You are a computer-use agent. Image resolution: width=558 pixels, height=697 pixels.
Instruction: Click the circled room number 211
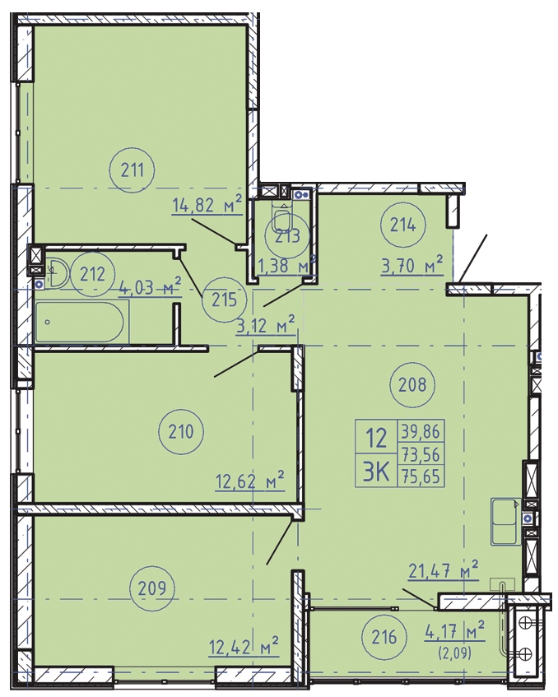tap(132, 170)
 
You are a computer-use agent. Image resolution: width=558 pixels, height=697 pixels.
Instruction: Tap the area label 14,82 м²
tap(207, 205)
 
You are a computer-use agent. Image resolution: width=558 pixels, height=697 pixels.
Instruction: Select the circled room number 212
tap(93, 274)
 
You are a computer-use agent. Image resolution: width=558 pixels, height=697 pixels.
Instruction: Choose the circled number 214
tap(402, 225)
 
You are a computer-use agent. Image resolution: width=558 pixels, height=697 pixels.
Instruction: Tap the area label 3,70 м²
tap(412, 265)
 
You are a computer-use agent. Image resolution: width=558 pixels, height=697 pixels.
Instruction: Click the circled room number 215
tap(224, 300)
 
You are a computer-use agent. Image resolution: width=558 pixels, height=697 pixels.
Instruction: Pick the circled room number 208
tap(412, 384)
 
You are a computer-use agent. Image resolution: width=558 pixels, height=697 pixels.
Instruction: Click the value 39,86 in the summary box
tap(421, 430)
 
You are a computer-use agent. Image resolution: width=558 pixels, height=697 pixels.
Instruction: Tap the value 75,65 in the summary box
tap(421, 476)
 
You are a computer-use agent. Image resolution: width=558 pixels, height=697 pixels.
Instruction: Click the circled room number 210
tap(181, 431)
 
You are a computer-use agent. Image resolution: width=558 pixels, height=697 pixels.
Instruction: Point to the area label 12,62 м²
tap(250, 481)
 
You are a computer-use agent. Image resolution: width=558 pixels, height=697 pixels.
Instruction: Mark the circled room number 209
tap(152, 588)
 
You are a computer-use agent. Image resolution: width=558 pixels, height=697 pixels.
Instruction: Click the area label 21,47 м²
tap(444, 570)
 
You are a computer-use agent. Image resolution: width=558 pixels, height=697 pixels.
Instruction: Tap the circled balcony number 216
tap(384, 638)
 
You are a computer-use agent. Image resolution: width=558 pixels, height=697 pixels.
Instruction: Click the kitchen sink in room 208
tap(506, 522)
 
